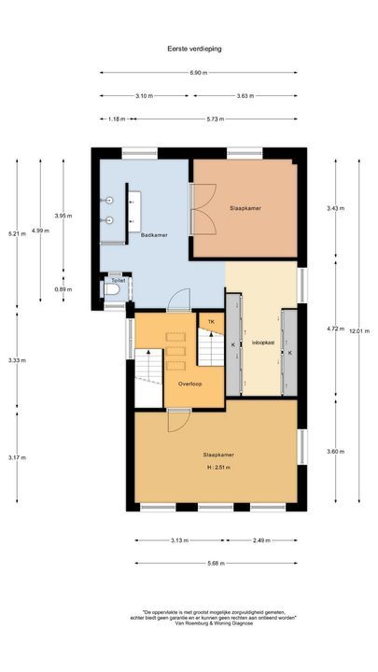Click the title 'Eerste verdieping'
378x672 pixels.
189,48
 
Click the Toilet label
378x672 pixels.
118,280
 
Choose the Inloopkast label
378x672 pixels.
262,343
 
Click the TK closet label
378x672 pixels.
212,322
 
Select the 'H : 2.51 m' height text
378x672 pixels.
217,468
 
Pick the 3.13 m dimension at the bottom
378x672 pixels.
180,540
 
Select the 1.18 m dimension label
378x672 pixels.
117,119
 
